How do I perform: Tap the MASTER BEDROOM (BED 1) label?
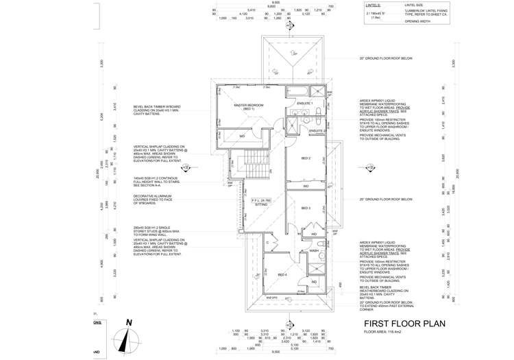244,107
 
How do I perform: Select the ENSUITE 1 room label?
305,104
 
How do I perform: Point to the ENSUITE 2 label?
316,130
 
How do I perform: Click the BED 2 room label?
306,159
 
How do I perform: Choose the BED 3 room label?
306,208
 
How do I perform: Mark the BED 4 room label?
282,274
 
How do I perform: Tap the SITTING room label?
260,204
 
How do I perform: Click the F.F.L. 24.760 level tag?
260,200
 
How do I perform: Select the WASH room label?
314,251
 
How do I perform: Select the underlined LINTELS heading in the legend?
374,5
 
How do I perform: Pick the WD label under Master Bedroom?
242,136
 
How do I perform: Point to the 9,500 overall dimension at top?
276,3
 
